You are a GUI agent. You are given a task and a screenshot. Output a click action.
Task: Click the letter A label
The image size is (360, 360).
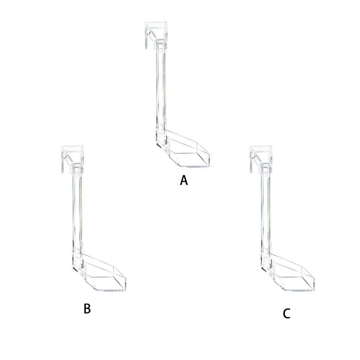[x=184, y=180]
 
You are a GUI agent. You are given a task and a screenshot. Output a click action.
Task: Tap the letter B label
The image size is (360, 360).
[x=87, y=308]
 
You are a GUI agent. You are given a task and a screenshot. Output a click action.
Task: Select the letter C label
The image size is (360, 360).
[x=287, y=314]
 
